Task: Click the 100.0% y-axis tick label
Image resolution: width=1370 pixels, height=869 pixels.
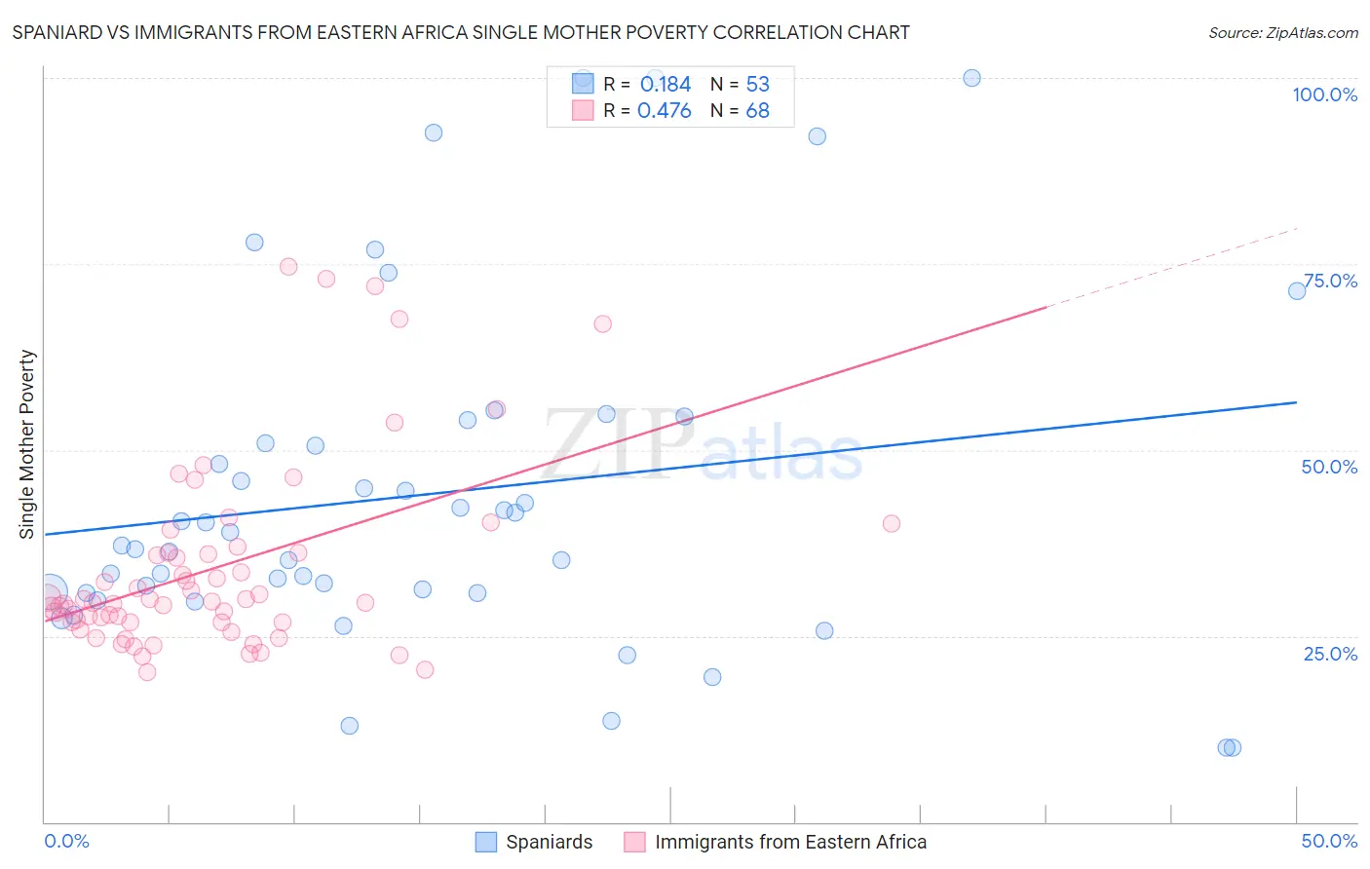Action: pos(1324,94)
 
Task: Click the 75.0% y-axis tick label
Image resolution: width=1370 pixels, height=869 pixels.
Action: pos(1330,281)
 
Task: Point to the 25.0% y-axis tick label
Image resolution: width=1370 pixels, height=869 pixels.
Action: pos(1330,653)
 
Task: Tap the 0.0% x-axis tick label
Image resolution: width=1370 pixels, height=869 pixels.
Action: pos(66,841)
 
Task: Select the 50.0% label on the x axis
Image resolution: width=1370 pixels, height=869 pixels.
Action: pos(1329,841)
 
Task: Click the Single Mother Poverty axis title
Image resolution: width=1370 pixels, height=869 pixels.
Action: pos(27,444)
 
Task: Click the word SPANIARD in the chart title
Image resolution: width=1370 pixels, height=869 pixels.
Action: pos(56,32)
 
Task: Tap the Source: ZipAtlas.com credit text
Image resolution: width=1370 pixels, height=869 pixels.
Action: pos(1282,32)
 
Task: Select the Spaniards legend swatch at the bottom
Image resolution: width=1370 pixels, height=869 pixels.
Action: pos(485,842)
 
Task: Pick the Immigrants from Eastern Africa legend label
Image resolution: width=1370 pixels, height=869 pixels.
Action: pos(790,842)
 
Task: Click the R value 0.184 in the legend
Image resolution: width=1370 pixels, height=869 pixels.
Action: pos(665,85)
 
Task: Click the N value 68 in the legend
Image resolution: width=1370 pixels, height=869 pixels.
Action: pos(757,111)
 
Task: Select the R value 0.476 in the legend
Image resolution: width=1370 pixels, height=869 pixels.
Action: pos(665,111)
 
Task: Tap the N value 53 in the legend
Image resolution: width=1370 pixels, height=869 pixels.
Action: pos(757,85)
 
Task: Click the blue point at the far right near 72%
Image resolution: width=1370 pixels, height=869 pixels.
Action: pos(1297,291)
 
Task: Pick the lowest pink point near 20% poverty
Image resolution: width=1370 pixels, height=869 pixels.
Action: pos(147,672)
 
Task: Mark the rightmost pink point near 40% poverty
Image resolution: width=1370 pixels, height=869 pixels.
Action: pos(891,523)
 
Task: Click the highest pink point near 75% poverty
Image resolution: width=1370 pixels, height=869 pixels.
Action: pos(288,267)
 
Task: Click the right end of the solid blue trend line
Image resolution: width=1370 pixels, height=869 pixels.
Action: pos(1297,402)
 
